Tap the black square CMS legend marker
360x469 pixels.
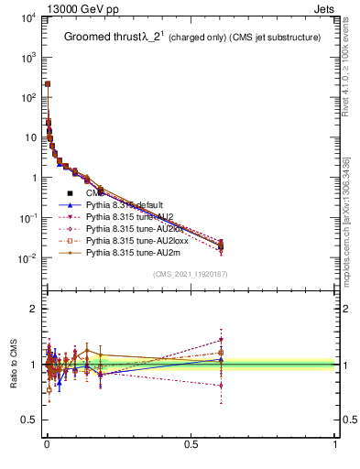(x=70, y=193)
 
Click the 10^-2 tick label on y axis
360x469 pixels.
(x=28, y=258)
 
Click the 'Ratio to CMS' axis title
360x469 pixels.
(x=12, y=365)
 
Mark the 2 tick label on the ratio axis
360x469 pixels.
(x=34, y=309)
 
